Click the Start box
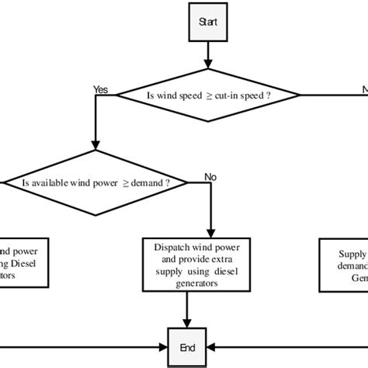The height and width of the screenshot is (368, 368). [207, 23]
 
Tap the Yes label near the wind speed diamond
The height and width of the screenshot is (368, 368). [99, 89]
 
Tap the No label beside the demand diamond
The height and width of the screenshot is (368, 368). [209, 177]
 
